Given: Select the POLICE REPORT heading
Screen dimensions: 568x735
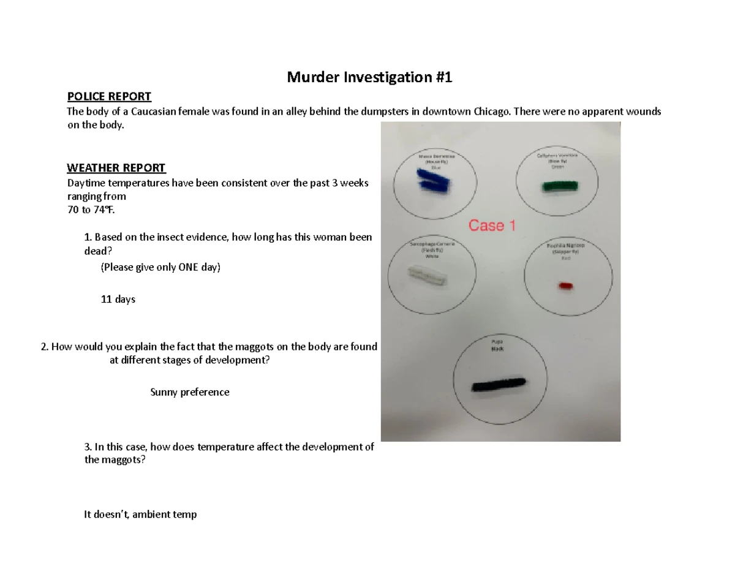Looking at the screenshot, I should [109, 97].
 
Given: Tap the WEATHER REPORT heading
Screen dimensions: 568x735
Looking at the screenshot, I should [116, 168].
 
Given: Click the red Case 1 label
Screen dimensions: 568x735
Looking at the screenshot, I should [491, 225].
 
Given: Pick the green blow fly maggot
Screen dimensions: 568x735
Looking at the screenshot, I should [560, 186].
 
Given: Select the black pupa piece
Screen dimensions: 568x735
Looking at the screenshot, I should [498, 384].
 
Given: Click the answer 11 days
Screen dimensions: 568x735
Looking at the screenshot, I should [118, 300].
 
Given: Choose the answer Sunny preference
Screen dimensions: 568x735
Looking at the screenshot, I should [190, 392].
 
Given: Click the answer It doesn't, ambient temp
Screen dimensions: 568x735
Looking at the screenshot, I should [140, 515].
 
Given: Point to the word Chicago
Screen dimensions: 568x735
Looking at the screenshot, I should [492, 112].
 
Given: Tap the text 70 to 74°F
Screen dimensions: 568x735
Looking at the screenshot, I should [90, 210].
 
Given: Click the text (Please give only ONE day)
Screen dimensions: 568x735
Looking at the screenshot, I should [160, 268].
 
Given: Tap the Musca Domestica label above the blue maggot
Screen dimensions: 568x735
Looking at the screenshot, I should [436, 157].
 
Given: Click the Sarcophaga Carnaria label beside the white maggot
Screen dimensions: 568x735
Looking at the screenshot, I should [432, 244].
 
